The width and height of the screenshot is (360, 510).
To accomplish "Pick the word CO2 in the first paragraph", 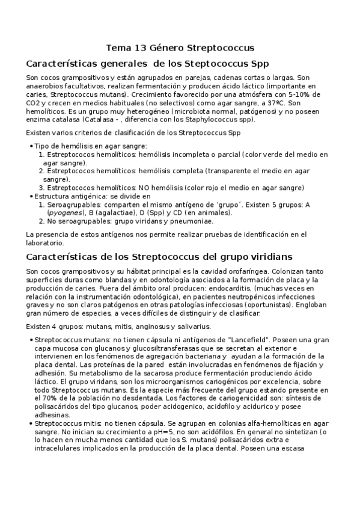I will pos(34,103).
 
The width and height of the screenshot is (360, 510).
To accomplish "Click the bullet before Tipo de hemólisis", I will pos(31,146).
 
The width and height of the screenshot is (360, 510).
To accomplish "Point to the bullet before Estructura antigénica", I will pos(31,196).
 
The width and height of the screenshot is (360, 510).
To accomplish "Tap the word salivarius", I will pos(191,327).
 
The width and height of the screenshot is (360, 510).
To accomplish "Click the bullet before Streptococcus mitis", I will pos(31,423).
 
